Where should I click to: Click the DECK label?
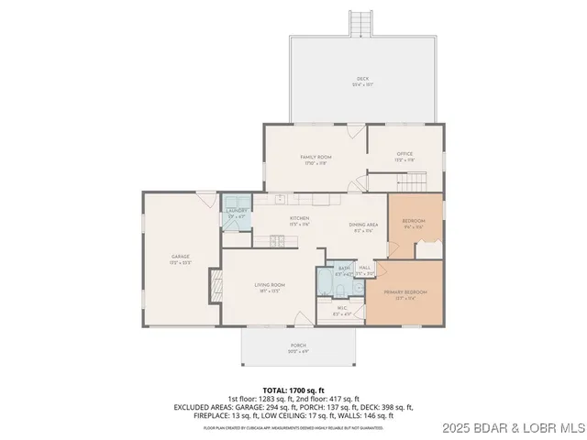[x=362, y=80]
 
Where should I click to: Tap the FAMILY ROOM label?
[x=316, y=158]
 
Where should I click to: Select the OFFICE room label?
[x=404, y=154]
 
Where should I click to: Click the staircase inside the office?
[x=417, y=181]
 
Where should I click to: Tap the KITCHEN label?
[x=274, y=218]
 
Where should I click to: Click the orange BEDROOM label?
[x=414, y=221]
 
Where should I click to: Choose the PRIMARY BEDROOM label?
[x=405, y=291]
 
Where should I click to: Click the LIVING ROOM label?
[x=270, y=285]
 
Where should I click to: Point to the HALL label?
[x=365, y=268]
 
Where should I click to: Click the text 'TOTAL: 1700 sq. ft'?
[x=293, y=390]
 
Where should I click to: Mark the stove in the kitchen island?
[x=274, y=241]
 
